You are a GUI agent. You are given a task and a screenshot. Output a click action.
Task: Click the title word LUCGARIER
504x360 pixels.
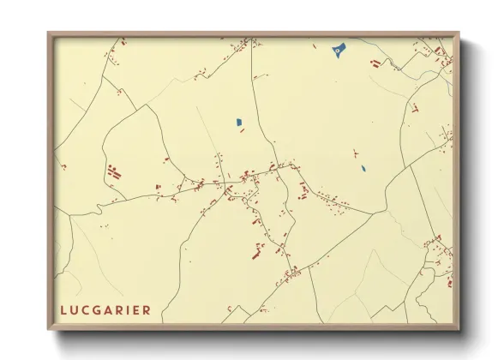pyautogui.click(x=105, y=309)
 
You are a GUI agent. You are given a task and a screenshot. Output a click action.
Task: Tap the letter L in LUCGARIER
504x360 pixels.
pyautogui.click(x=63, y=309)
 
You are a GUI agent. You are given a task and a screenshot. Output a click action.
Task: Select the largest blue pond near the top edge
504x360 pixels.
pyautogui.click(x=338, y=50)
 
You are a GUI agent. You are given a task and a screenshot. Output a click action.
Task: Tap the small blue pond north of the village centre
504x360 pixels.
pyautogui.click(x=238, y=122)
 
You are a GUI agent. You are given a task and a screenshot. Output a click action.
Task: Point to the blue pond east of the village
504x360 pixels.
pyautogui.click(x=363, y=168)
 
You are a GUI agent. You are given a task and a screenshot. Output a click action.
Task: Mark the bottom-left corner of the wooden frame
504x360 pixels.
pyautogui.click(x=48, y=330)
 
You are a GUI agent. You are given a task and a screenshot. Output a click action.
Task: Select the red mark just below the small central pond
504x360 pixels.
pyautogui.click(x=242, y=130)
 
